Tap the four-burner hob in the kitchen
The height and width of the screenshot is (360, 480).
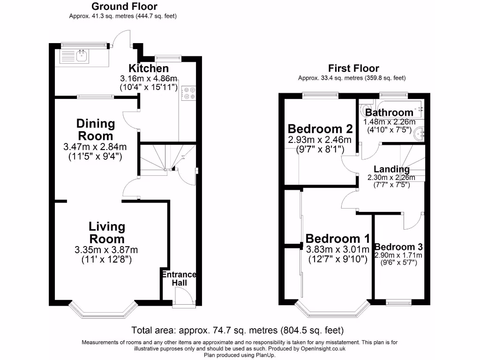coord(188,93)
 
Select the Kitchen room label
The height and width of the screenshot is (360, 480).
coord(149,68)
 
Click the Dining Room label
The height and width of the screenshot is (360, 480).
coord(96,129)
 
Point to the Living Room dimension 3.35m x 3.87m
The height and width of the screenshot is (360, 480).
coord(106,250)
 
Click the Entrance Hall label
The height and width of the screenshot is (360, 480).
coord(179,278)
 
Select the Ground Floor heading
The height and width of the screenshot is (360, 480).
coord(124,7)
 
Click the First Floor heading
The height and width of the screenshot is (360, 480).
coord(353,68)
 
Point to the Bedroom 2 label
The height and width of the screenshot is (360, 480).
coord(320,129)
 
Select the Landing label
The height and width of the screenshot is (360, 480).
coord(391,169)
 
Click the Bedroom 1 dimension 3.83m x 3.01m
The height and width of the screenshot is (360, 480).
coord(337,249)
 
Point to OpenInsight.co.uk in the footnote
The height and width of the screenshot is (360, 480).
coord(323,348)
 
